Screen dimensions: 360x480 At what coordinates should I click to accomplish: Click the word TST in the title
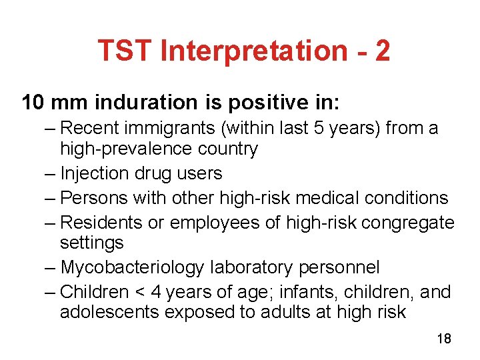click(x=123, y=51)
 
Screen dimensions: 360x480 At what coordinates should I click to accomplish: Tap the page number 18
click(x=444, y=339)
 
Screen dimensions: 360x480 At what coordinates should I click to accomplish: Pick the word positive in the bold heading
click(x=257, y=103)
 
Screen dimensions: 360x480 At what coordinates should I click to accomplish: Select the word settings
click(x=91, y=243)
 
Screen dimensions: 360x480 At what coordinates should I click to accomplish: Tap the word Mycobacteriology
click(x=132, y=267)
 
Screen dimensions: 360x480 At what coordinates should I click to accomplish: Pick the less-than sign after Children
click(x=139, y=293)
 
